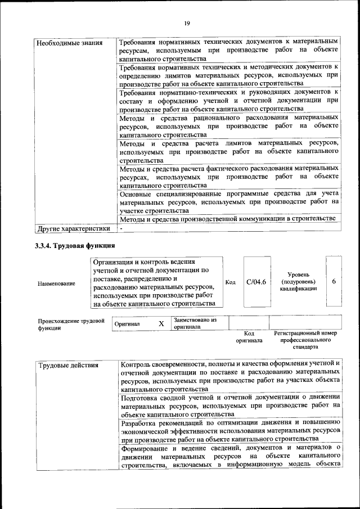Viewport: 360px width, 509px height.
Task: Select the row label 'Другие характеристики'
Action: [x=73, y=229]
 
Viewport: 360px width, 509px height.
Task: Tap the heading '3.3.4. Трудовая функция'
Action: [x=75, y=246]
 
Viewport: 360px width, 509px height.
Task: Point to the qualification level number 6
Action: [x=334, y=281]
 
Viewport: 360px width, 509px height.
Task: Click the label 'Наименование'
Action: [x=56, y=284]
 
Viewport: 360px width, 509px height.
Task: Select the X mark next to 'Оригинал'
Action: [x=161, y=323]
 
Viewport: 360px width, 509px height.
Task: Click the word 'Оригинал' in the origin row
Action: [x=127, y=324]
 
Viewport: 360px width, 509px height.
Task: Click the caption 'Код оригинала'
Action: [x=249, y=337]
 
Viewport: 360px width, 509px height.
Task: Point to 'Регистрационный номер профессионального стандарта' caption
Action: [x=305, y=340]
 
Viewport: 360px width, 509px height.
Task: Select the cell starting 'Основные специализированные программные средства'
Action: [x=229, y=201]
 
